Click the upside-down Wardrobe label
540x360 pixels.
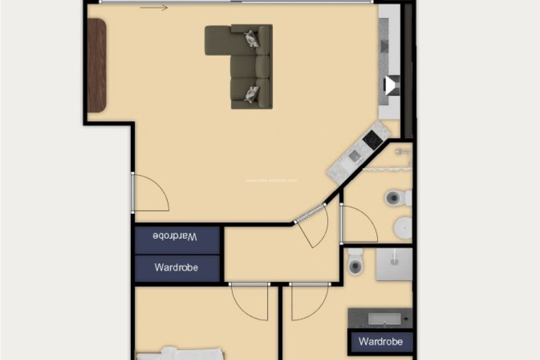point(175,236)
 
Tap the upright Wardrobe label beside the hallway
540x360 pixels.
point(176,267)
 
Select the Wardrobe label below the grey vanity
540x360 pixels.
point(381,341)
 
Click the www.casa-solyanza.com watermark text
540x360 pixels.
point(271,181)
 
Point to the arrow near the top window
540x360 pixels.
point(154,8)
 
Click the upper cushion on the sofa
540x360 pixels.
point(252,39)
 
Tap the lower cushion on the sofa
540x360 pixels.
point(252,93)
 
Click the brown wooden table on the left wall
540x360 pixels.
point(97,65)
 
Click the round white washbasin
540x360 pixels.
point(403,227)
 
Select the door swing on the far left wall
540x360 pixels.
point(150,193)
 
